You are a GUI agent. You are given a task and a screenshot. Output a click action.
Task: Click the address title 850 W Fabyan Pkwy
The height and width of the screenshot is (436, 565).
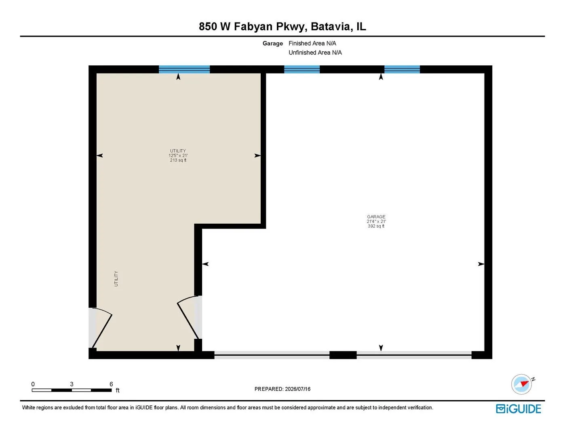251,27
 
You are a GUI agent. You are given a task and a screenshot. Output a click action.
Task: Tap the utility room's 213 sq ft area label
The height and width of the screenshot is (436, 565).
178,160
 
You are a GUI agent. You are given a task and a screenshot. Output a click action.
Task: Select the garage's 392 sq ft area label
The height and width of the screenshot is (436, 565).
376,226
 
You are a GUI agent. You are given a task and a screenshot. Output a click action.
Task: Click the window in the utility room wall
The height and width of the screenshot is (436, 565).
184,69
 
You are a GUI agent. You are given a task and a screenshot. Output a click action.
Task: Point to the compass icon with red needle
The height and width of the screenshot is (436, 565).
521,384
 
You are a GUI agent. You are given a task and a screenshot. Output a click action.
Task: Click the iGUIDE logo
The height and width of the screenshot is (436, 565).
519,409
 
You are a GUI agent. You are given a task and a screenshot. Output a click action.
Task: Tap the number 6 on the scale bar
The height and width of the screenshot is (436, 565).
111,384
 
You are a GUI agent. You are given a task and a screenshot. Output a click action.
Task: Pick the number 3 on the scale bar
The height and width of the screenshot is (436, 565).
72,384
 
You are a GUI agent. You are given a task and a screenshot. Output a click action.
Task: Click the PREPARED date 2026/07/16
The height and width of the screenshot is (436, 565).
297,389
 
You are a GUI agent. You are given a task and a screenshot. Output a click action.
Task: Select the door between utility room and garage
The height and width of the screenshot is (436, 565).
190,317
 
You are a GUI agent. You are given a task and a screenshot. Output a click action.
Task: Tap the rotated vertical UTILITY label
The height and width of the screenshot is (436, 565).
116,279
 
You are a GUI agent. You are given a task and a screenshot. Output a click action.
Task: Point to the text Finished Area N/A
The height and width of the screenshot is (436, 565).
312,43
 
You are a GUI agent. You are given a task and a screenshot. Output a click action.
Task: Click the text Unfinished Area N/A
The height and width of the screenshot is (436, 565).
315,52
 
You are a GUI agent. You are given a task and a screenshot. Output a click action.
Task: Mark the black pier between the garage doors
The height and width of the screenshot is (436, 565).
343,355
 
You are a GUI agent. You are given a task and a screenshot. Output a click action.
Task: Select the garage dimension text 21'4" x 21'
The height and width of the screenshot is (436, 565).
376,222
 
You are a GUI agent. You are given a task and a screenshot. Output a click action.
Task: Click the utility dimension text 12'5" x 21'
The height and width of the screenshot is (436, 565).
178,155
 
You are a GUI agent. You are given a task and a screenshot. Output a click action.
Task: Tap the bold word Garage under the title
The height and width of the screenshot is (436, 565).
272,43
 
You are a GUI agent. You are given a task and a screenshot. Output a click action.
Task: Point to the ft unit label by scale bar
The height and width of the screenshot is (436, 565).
118,390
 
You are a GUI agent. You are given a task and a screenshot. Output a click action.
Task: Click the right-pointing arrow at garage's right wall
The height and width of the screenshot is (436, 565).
481,264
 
